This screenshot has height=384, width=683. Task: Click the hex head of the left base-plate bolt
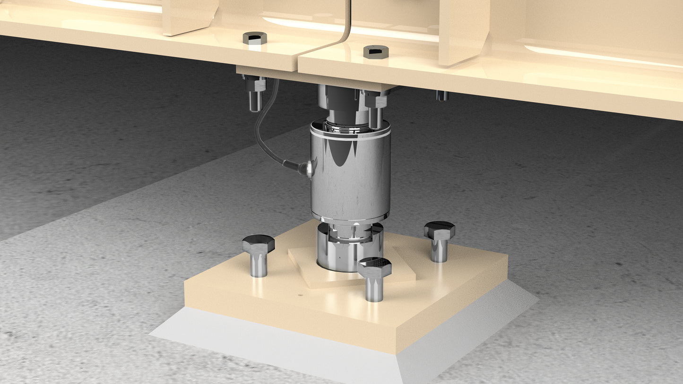click(258, 244)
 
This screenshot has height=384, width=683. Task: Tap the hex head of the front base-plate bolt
click(374, 267)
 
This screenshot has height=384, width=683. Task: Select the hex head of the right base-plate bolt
click(440, 230)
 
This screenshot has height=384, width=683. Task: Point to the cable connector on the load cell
click(307, 167)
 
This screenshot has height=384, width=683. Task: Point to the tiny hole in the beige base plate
click(301, 296)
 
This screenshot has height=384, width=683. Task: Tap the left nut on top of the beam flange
click(255, 38)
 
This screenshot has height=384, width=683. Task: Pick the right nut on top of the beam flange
click(376, 51)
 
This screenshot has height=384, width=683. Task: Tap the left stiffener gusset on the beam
click(189, 17)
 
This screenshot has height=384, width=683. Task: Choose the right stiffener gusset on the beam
click(463, 31)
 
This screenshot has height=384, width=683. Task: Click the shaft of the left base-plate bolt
click(258, 265)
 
